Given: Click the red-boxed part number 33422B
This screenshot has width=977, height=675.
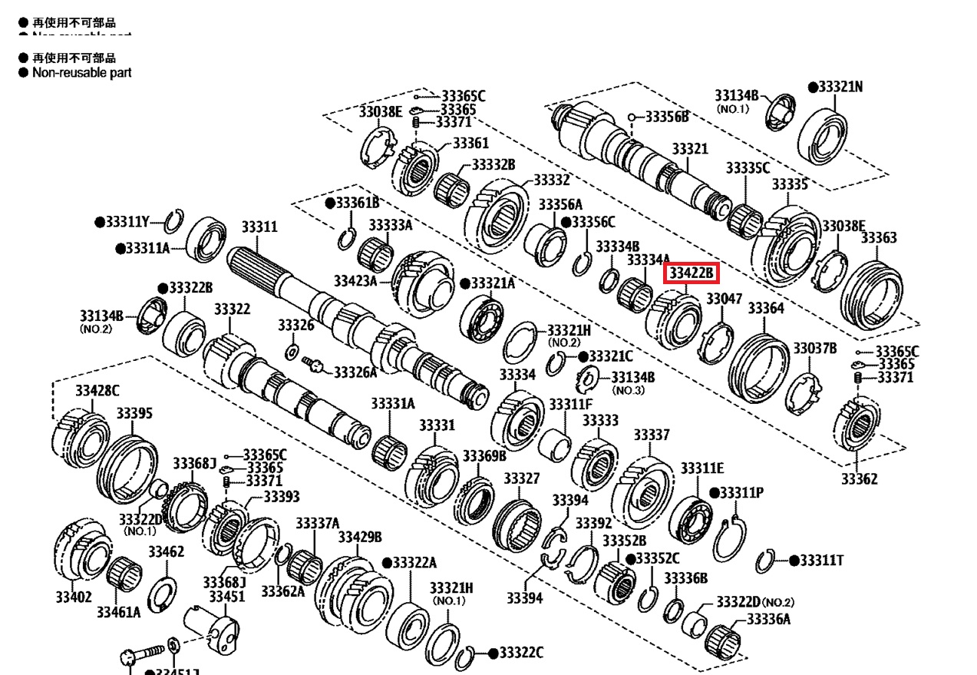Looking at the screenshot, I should coord(691,273).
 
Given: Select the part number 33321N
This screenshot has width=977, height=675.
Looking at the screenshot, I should coord(840,87).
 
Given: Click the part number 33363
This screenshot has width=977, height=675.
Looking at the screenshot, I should coord(878,238).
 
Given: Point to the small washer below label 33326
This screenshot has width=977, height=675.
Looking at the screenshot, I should coord(292,352).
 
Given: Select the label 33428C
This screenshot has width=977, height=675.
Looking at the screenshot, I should coord(97,391).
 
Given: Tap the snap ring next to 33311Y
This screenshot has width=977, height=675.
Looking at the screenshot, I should coord(173,222).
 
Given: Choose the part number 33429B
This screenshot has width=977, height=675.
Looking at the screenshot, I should coord(360,536).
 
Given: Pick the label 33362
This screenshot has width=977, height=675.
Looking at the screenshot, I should coord(859,478).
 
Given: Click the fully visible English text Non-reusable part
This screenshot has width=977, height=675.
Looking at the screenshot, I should coord(81,72).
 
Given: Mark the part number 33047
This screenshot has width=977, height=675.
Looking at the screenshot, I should coord(724,299).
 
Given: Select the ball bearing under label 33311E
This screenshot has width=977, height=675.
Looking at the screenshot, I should coord(695,514).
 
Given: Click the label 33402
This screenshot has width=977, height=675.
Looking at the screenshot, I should coord(73,597).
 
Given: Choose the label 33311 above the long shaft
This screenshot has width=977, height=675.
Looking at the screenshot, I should coord(259,227).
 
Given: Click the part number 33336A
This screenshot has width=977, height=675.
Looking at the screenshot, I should coord(768,619).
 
